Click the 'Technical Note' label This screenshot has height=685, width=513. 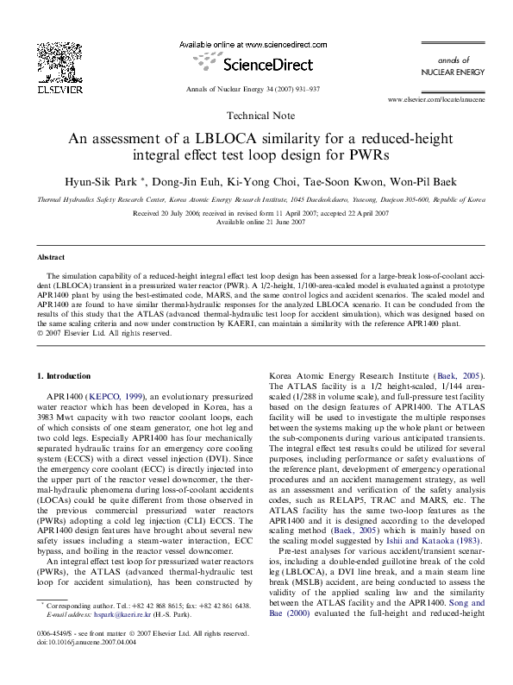256,116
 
